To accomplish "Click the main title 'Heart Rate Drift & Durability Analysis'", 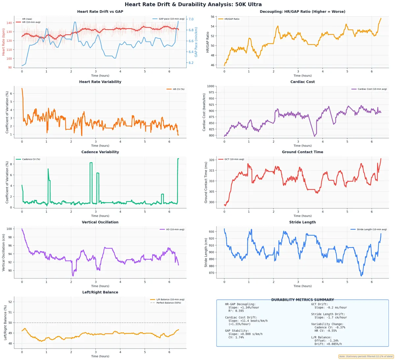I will coord(193,5).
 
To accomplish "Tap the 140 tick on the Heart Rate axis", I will coord(9,23).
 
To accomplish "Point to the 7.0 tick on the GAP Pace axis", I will coord(191,19).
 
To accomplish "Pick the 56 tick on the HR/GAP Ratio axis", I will coord(213,17).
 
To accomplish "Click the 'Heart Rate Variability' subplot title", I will coord(100,82).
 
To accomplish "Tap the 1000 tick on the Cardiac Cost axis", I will coord(210,86).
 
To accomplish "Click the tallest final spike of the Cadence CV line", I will coord(178,159).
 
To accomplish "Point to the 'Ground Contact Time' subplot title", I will coord(302,152).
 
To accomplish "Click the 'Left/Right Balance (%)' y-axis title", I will coord(5,323).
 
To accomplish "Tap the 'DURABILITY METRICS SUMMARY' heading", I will coord(302,300).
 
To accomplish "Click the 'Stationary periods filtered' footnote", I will coord(366,356).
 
